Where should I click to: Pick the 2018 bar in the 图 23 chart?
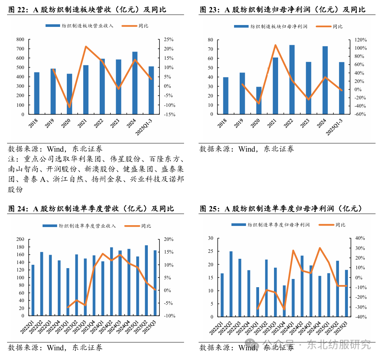pos(225,96)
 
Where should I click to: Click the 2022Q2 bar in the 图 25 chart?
pos(231,284)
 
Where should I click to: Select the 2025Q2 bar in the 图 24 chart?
pos(146,280)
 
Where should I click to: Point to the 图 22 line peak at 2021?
pos(86,47)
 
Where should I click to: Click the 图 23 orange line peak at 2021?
pos(275,45)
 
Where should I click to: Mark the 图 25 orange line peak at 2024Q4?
pos(320,248)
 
